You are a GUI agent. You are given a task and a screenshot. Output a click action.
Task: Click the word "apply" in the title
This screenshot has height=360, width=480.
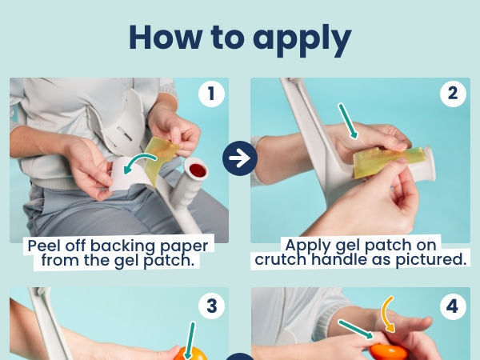click(x=302, y=40)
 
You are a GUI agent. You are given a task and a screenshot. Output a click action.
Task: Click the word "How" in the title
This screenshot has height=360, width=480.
click(x=166, y=37)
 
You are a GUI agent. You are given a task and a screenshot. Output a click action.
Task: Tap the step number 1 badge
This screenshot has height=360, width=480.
click(x=211, y=94)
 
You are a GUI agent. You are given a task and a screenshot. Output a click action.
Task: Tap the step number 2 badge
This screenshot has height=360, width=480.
click(x=453, y=94)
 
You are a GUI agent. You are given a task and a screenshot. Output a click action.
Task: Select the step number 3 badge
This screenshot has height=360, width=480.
click(x=211, y=306)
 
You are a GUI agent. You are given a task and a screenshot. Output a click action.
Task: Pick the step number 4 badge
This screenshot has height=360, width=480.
click(x=453, y=306)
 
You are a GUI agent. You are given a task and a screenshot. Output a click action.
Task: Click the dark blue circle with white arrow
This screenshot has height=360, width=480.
click(x=240, y=158)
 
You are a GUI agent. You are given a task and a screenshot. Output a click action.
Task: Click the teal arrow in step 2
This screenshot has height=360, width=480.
click(x=348, y=121)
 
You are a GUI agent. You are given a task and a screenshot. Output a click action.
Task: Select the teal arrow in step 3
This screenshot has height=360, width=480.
click(x=190, y=340)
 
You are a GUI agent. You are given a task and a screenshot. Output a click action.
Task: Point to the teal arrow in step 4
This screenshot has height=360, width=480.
click(x=356, y=330)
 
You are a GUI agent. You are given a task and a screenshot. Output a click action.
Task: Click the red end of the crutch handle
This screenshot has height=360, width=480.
click(x=197, y=170)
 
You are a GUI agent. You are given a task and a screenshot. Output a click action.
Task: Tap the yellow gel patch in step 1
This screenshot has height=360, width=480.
click(x=162, y=159)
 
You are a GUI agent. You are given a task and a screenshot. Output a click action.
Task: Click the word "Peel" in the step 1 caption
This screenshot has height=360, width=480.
click(x=44, y=246)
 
